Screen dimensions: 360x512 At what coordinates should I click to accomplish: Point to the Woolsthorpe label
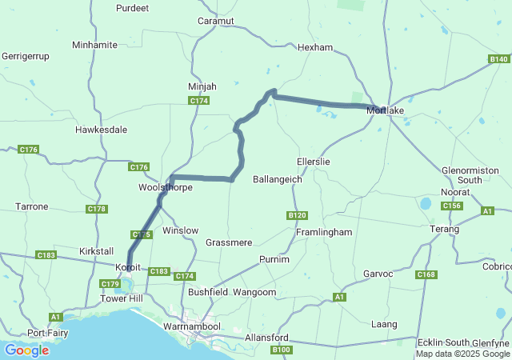pos(166,187)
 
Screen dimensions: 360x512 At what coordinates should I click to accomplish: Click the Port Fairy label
pos(46,333)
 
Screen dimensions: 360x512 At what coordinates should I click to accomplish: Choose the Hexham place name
pos(314,47)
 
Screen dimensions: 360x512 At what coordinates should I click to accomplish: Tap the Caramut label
pos(216,20)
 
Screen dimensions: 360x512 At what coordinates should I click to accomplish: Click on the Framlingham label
pos(324,232)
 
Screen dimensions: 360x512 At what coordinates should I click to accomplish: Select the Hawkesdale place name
pos(102,129)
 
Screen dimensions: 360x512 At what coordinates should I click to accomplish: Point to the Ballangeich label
pos(278,179)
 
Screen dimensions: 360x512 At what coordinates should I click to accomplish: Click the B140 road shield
pos(498,59)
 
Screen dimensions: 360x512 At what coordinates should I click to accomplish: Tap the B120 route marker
pos(297,215)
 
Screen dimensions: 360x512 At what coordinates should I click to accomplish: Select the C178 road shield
pos(97,209)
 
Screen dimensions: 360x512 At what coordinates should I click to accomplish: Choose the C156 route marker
pos(452,206)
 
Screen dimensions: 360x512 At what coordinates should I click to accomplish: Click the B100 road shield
pos(281,350)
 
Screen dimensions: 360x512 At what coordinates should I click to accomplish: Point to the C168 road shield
pos(426,275)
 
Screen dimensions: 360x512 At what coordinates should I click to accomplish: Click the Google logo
pos(26,350)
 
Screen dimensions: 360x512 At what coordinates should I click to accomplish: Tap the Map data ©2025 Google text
pos(462,354)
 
